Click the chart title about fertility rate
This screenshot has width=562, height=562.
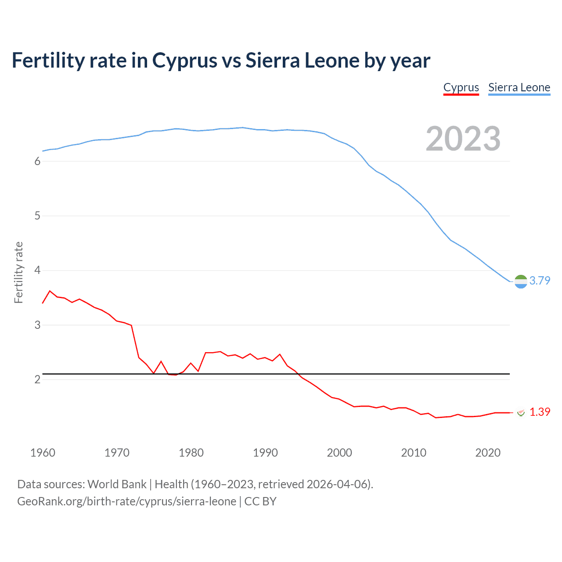click(221, 61)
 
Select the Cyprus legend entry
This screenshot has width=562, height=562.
click(461, 87)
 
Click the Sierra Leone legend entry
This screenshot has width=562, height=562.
click(519, 87)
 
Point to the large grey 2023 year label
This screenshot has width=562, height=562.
click(463, 139)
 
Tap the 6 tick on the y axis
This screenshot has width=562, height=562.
click(37, 162)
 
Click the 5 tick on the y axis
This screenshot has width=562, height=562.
click(37, 216)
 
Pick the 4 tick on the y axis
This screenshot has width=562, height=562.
click(37, 270)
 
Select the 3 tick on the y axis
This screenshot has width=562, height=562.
click(37, 325)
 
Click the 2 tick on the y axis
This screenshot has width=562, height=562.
click(37, 380)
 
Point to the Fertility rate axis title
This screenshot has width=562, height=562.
click(18, 272)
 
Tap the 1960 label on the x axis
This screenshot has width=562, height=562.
click(43, 453)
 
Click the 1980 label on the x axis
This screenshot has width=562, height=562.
click(191, 453)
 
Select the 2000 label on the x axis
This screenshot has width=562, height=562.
click(339, 453)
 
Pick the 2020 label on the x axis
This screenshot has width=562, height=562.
click(488, 453)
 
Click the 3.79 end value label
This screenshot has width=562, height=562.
click(540, 281)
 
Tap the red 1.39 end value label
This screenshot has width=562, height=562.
click(540, 412)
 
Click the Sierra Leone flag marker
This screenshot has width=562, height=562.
click(521, 281)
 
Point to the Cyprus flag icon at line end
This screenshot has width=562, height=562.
click(521, 413)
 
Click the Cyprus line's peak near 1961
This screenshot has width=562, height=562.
click(50, 291)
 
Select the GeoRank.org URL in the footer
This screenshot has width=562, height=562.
click(126, 501)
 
